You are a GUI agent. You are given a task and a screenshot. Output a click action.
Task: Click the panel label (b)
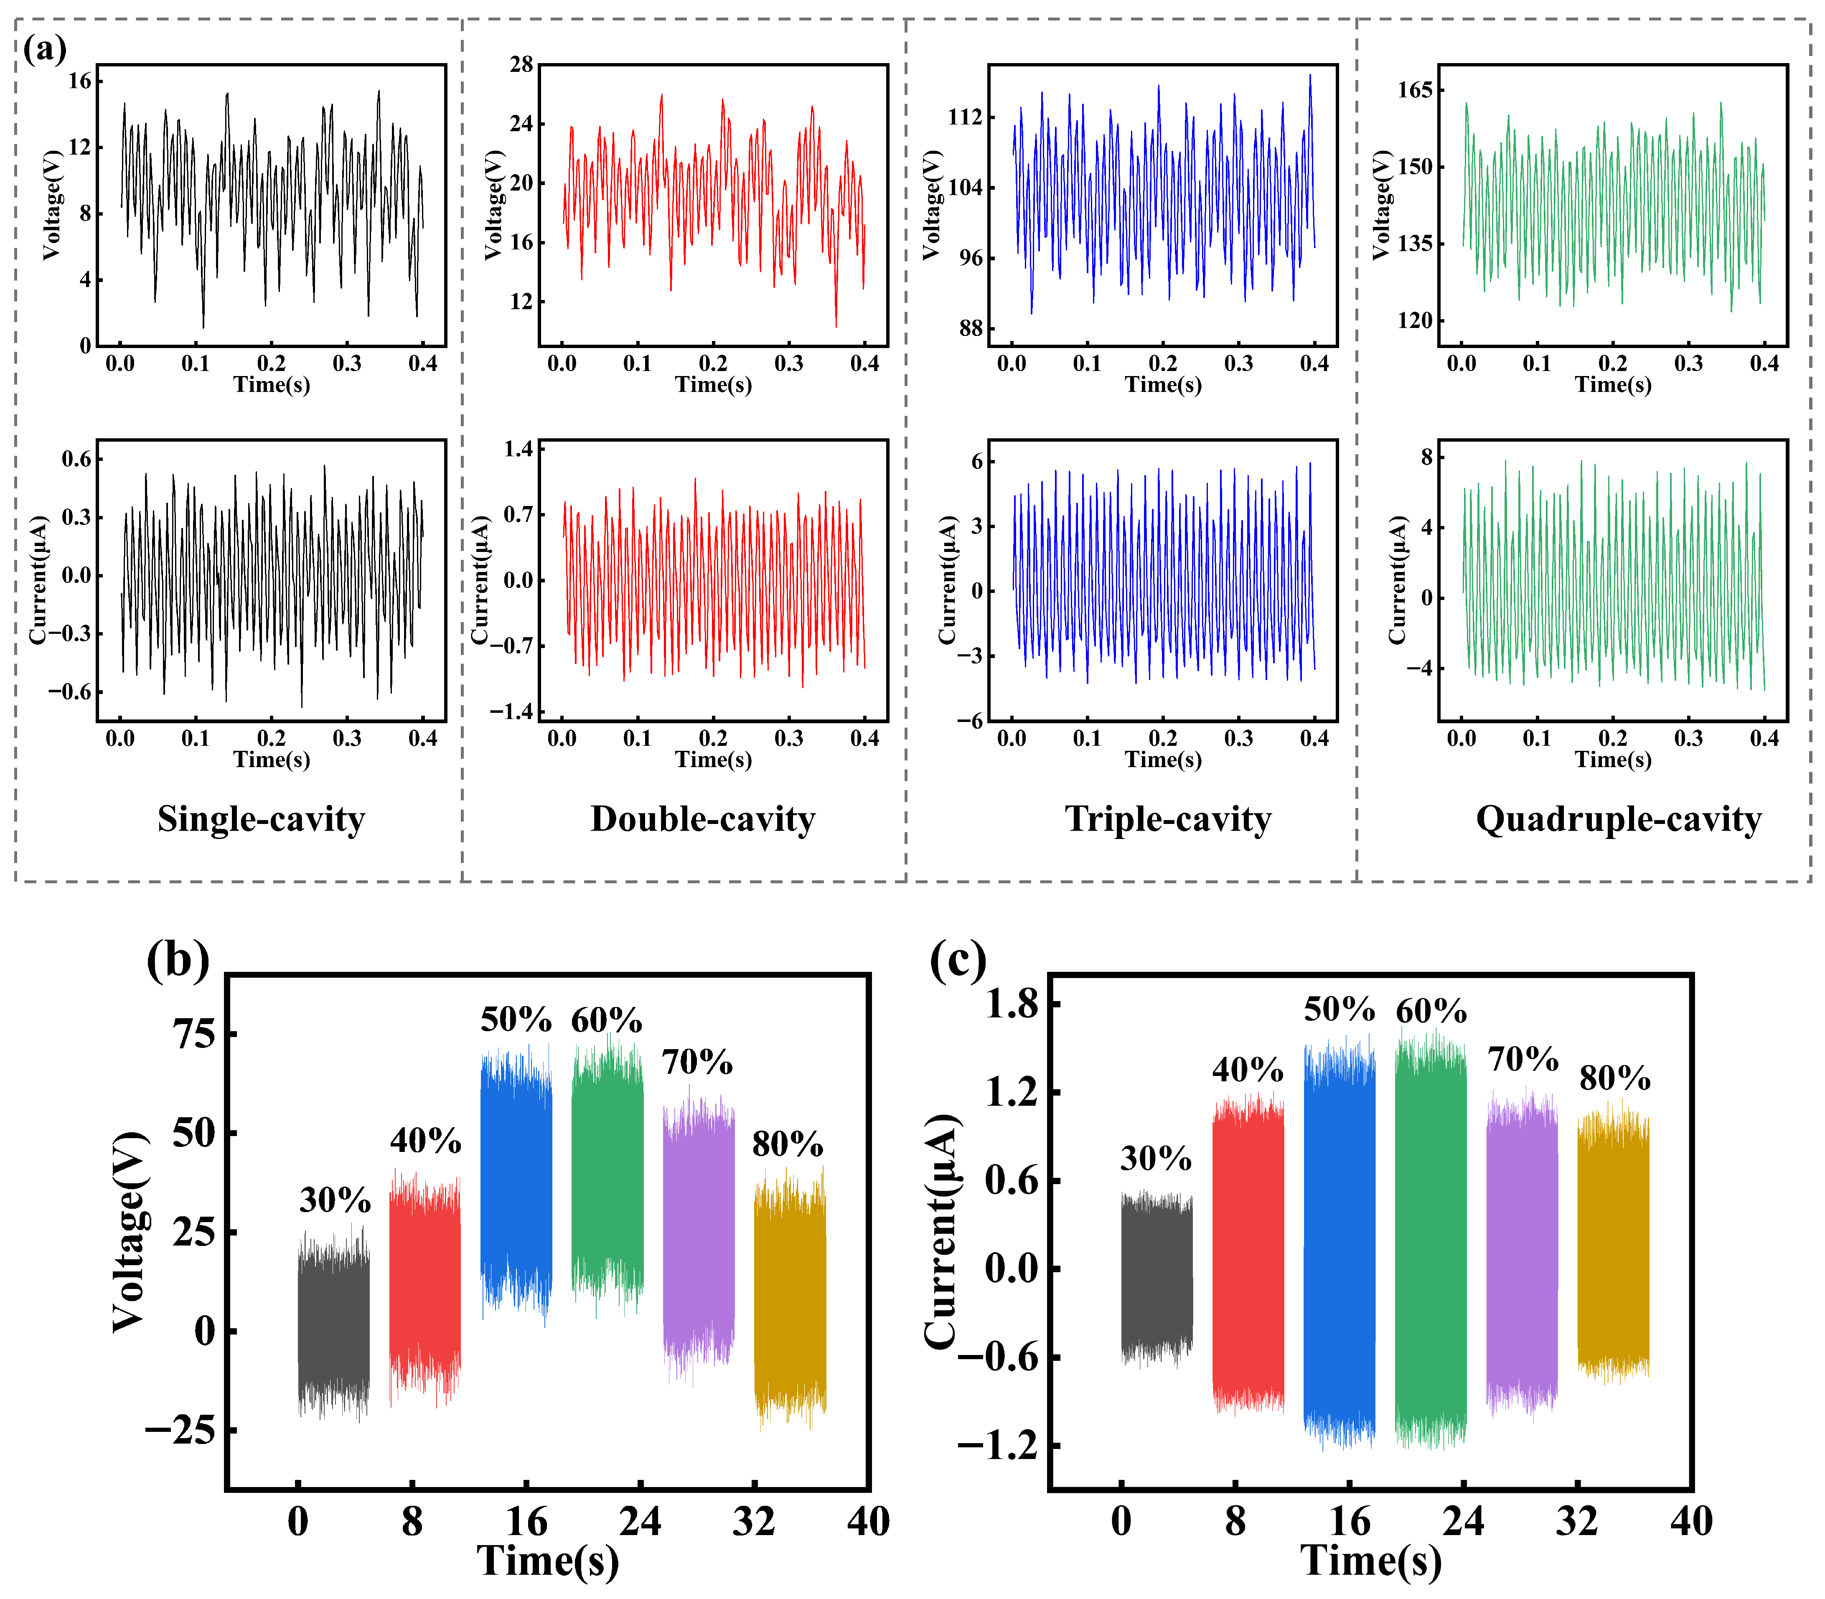pyautogui.click(x=178, y=962)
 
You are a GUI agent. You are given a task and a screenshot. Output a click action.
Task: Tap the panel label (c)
pyautogui.click(x=958, y=962)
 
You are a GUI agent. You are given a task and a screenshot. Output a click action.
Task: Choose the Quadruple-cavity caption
pyautogui.click(x=1618, y=819)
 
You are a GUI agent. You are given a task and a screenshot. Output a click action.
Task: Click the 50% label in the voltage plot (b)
pyautogui.click(x=516, y=1019)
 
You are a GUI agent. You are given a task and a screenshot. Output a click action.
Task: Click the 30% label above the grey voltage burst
pyautogui.click(x=335, y=1201)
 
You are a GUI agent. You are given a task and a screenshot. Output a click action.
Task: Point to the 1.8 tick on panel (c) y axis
pyautogui.click(x=1012, y=1006)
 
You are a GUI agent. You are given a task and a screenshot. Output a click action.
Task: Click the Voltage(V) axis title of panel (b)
pyautogui.click(x=130, y=1231)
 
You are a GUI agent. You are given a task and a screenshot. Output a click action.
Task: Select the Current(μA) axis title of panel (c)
pyautogui.click(x=941, y=1231)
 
